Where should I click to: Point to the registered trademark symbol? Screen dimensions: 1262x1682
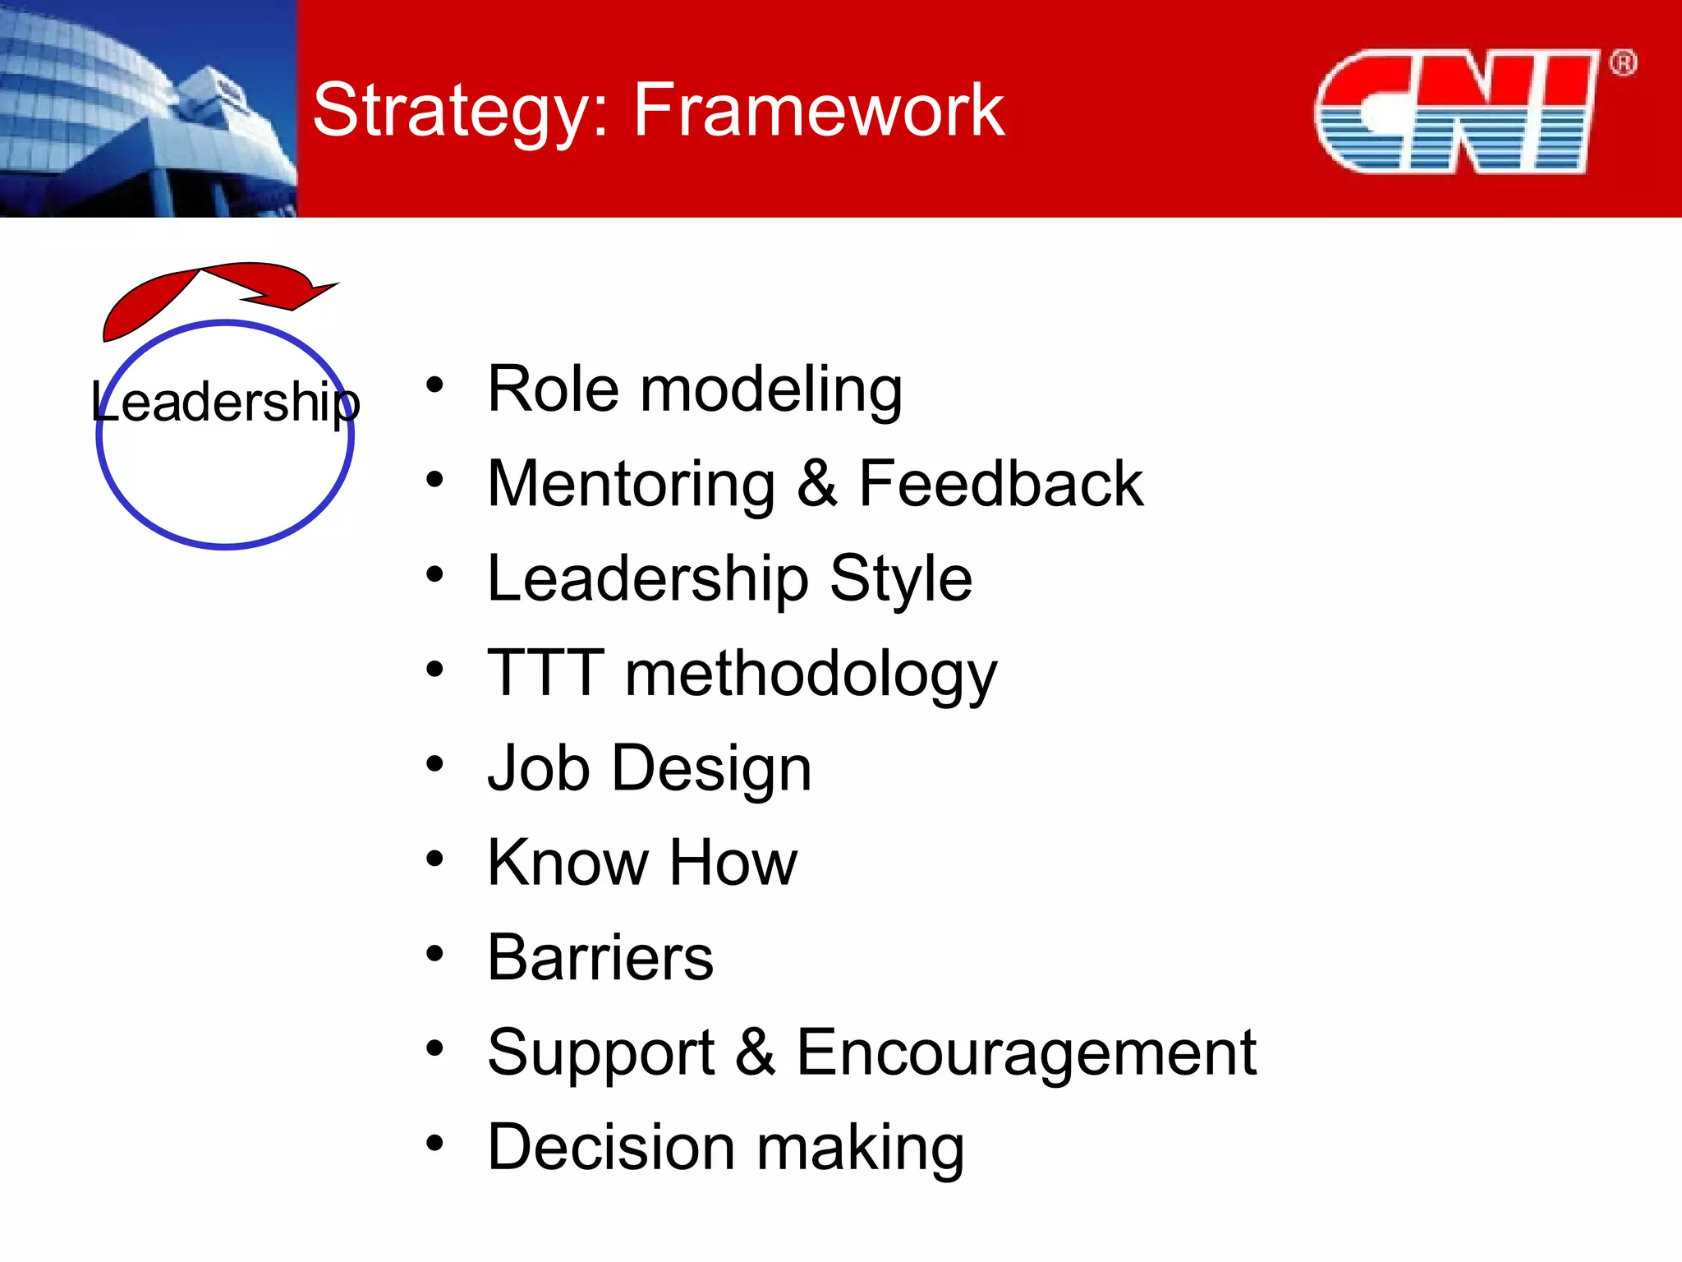pyautogui.click(x=1622, y=63)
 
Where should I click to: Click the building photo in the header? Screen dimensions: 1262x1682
pyautogui.click(x=148, y=108)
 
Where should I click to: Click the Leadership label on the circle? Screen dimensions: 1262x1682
pyautogui.click(x=225, y=403)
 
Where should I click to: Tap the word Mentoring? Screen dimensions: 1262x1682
pyautogui.click(x=631, y=484)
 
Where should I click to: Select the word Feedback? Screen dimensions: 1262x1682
pyautogui.click(x=1000, y=484)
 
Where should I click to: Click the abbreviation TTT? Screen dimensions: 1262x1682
pyautogui.click(x=546, y=673)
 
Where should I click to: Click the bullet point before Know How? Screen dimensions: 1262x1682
pyautogui.click(x=434, y=859)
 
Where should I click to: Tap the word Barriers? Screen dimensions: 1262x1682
pyautogui.click(x=600, y=958)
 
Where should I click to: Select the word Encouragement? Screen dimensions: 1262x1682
pyautogui.click(x=1026, y=1052)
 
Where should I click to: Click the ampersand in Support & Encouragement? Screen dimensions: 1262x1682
pyautogui.click(x=755, y=1052)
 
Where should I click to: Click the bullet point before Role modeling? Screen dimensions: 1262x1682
pyautogui.click(x=434, y=385)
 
